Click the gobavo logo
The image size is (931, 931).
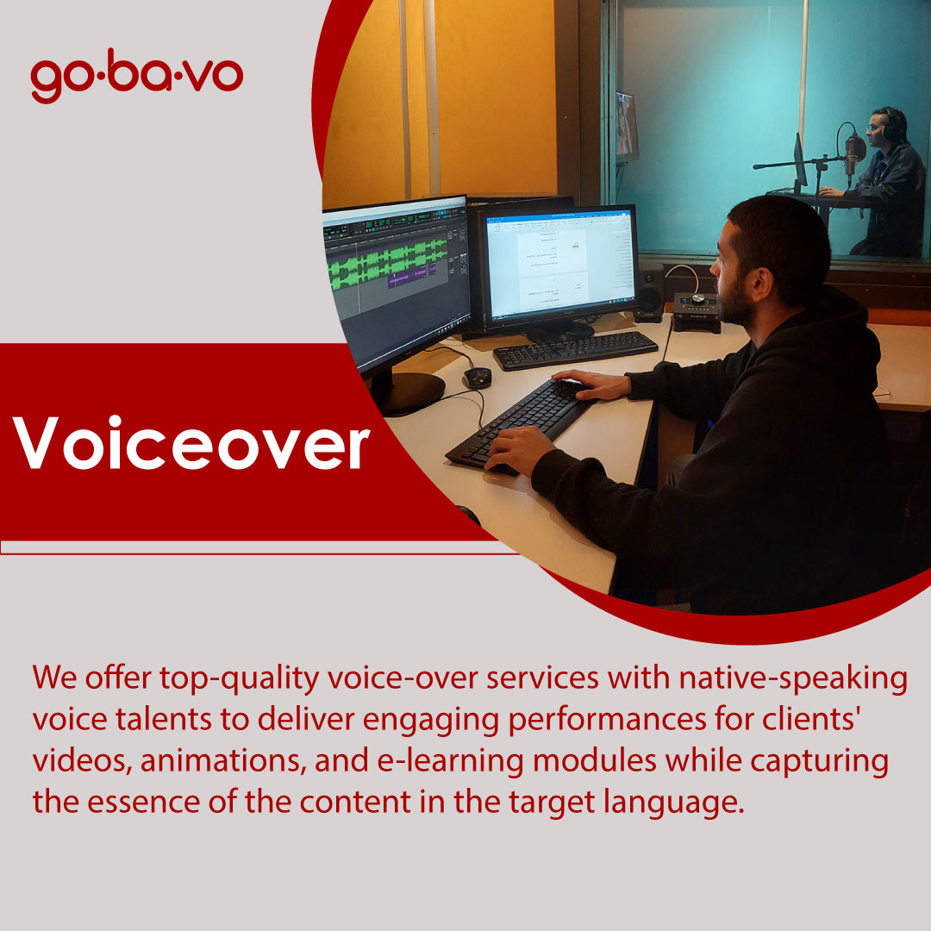click(136, 79)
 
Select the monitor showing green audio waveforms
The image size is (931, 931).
click(395, 276)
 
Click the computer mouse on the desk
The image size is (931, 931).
click(476, 378)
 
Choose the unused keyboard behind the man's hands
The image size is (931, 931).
click(575, 350)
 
